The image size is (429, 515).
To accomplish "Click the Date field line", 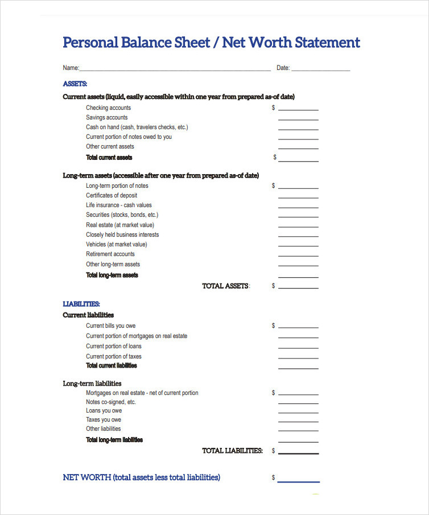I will [320, 70].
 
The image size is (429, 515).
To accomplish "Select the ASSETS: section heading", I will [75, 84].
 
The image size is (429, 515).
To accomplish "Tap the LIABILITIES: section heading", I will [81, 304].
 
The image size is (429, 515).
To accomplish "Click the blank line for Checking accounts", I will [298, 109].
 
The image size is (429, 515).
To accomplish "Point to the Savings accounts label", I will [107, 117].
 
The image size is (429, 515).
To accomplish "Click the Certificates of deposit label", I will [112, 195].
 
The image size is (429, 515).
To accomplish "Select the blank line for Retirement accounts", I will [298, 256].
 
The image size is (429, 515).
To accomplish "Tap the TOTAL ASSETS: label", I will [226, 286].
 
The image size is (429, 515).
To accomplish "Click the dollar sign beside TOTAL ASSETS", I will [273, 286].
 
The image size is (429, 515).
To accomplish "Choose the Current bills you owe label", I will [111, 326].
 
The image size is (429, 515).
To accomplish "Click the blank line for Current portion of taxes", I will [298, 358].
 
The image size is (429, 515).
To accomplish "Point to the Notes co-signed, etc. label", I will [111, 402].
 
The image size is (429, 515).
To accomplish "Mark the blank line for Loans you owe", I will [298, 412].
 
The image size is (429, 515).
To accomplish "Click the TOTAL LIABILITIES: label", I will [233, 451].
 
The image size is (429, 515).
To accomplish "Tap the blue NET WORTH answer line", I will [298, 481].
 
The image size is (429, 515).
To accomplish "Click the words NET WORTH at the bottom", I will [86, 477].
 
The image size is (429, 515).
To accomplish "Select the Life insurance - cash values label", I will [119, 205].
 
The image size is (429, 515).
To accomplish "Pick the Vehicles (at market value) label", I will [117, 244].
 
